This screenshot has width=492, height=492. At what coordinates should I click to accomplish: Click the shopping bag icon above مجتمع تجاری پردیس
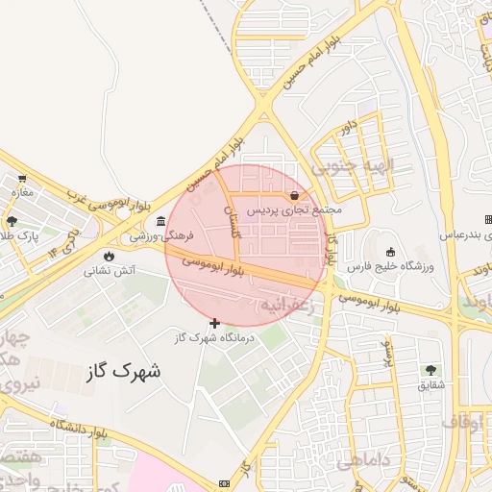tap(293, 195)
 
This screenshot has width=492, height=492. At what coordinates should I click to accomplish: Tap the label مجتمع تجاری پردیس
tap(295, 209)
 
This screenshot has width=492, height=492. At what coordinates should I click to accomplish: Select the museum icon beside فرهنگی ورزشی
tap(161, 221)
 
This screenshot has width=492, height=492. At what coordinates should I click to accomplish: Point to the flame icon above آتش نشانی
tap(111, 257)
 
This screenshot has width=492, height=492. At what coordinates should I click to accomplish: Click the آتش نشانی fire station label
tap(111, 271)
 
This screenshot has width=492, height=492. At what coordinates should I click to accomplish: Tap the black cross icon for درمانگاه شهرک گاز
tap(213, 324)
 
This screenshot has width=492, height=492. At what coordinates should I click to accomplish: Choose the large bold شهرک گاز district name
tap(123, 371)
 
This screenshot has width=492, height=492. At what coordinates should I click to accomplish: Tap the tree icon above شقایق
tap(430, 370)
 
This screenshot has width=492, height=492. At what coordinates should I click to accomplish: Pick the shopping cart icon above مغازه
tap(22, 179)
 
